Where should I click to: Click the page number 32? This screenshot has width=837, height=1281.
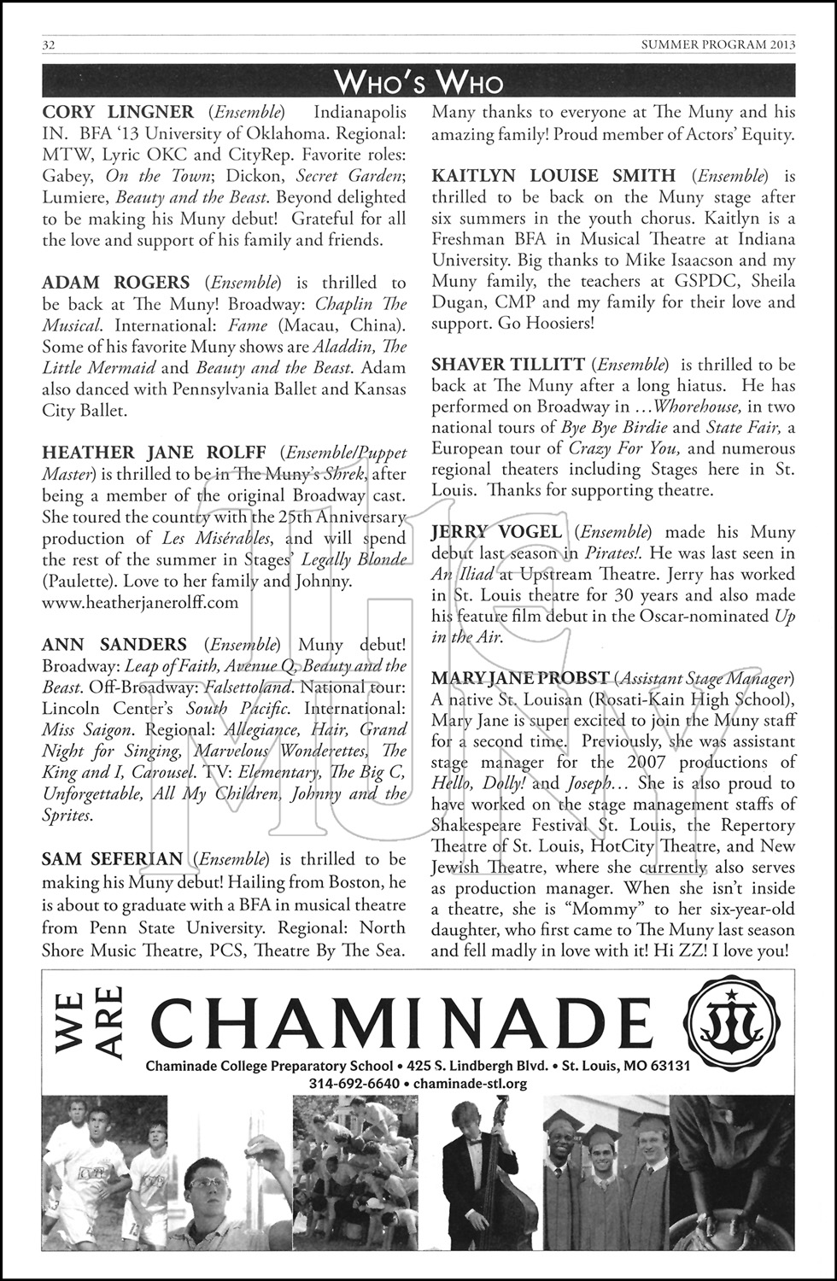pos(49,45)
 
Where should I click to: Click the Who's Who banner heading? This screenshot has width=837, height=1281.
pos(418,82)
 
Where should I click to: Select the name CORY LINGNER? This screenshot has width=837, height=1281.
pos(118,112)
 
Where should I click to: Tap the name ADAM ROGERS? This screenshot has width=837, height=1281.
pos(115,283)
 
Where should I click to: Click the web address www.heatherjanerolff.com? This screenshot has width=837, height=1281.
pos(140,602)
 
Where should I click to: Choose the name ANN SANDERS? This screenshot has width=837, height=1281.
pos(114,645)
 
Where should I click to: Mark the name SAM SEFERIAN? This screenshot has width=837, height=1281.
pos(112,858)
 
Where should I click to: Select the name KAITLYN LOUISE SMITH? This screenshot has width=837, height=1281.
pos(553,176)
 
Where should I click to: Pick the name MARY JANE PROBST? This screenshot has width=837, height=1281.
pos(520,678)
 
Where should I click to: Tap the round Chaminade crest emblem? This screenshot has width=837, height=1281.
pos(733,1020)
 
